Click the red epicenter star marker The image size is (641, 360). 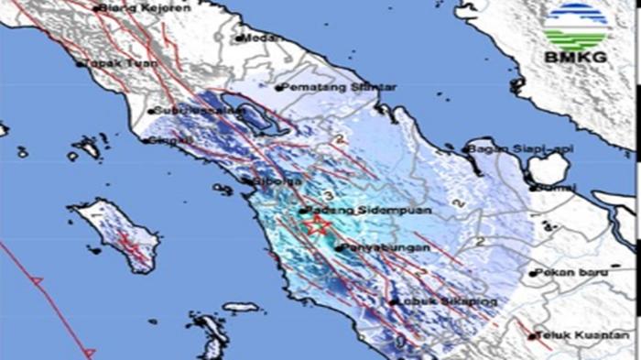click(318, 224)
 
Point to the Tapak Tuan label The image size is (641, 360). click(113, 64)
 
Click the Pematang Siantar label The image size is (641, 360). click(339, 87)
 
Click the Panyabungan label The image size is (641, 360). click(376, 247)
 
